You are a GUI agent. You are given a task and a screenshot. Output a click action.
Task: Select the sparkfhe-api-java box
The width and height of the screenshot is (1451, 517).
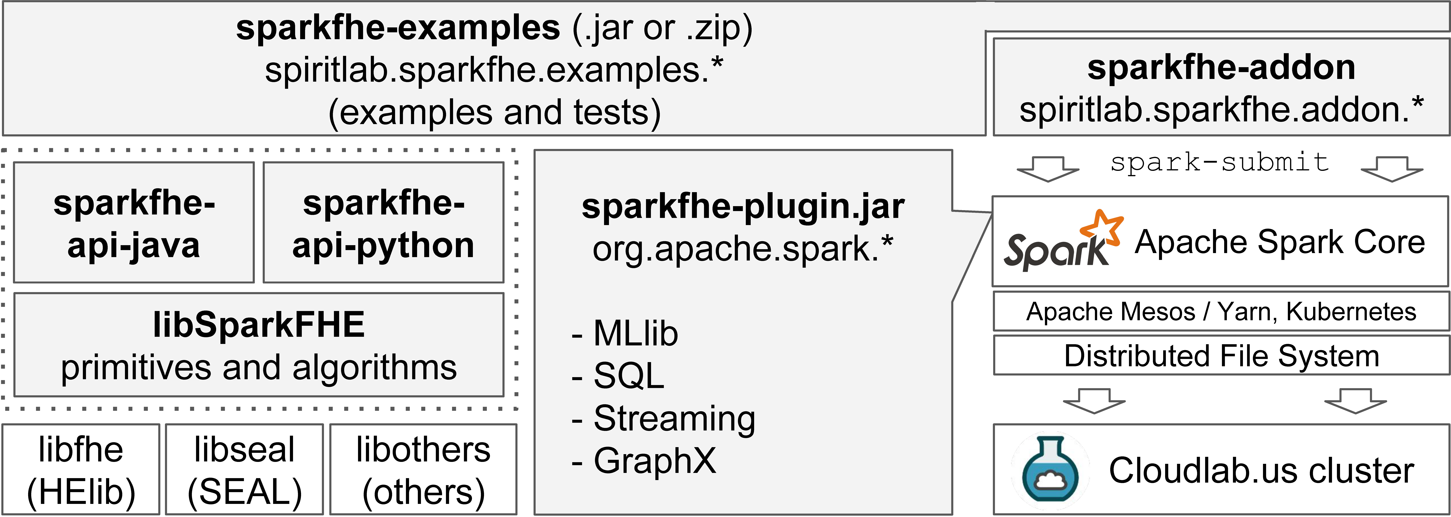(x=134, y=223)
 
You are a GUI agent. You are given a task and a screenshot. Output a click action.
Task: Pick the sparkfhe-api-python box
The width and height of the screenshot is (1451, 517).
(x=384, y=223)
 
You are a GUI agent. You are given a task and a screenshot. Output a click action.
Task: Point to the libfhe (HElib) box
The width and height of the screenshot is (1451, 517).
(x=81, y=470)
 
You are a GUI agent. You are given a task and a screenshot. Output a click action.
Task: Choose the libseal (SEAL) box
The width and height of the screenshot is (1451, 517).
(x=245, y=470)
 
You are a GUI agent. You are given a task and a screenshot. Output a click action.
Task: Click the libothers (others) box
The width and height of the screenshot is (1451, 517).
(x=423, y=470)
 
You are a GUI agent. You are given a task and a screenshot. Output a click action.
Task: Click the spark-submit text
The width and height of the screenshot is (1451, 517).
(x=1220, y=162)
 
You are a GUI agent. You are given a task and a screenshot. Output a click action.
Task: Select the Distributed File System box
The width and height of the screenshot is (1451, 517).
(x=1221, y=356)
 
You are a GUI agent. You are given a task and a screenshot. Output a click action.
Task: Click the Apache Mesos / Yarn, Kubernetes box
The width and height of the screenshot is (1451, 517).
(x=1221, y=311)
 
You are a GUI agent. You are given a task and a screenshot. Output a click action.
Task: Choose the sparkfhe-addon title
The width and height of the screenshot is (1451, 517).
(x=1221, y=68)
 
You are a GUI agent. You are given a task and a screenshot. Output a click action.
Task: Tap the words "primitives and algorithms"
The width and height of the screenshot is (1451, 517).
(x=259, y=368)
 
